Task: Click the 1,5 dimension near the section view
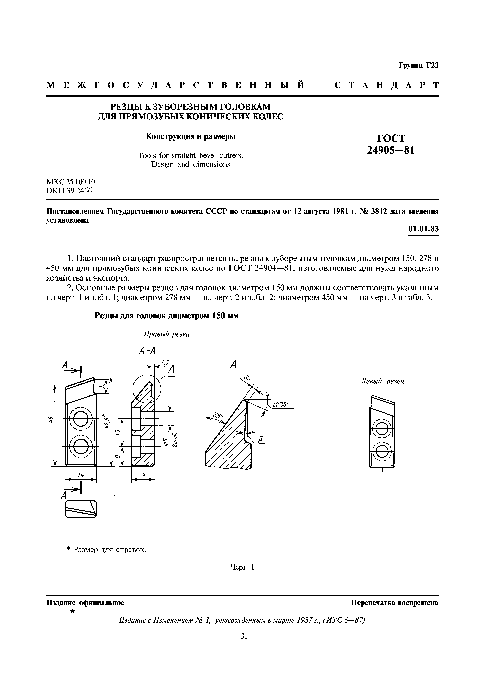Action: pos(165,363)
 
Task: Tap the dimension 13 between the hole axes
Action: pos(117,433)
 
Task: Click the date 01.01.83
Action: pos(423,229)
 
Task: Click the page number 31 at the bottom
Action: pos(244,636)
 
